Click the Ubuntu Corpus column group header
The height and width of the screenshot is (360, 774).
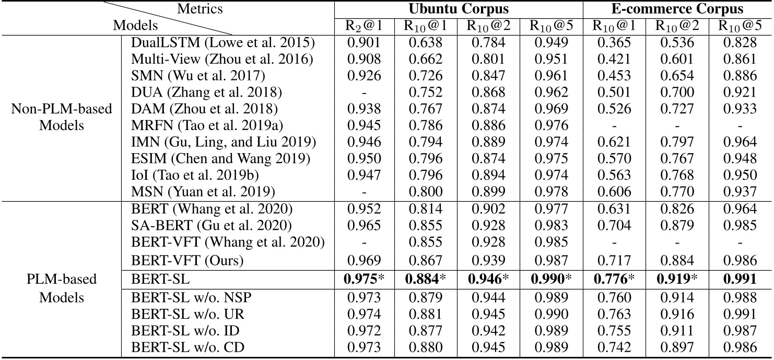click(x=458, y=9)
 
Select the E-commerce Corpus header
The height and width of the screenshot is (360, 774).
click(x=677, y=9)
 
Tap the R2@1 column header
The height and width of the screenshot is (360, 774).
click(x=364, y=25)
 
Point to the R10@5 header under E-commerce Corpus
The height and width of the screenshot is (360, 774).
click(x=740, y=25)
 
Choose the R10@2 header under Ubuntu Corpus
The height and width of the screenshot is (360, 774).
click(x=489, y=25)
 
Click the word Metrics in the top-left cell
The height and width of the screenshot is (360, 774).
click(x=200, y=9)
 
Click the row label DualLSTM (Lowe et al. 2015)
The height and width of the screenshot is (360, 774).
click(x=223, y=43)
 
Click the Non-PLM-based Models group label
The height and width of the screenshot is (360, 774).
click(x=62, y=118)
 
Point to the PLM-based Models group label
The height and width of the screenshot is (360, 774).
click(x=62, y=288)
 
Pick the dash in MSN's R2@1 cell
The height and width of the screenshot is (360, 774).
click(x=364, y=192)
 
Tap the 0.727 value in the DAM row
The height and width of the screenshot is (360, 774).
click(x=678, y=109)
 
